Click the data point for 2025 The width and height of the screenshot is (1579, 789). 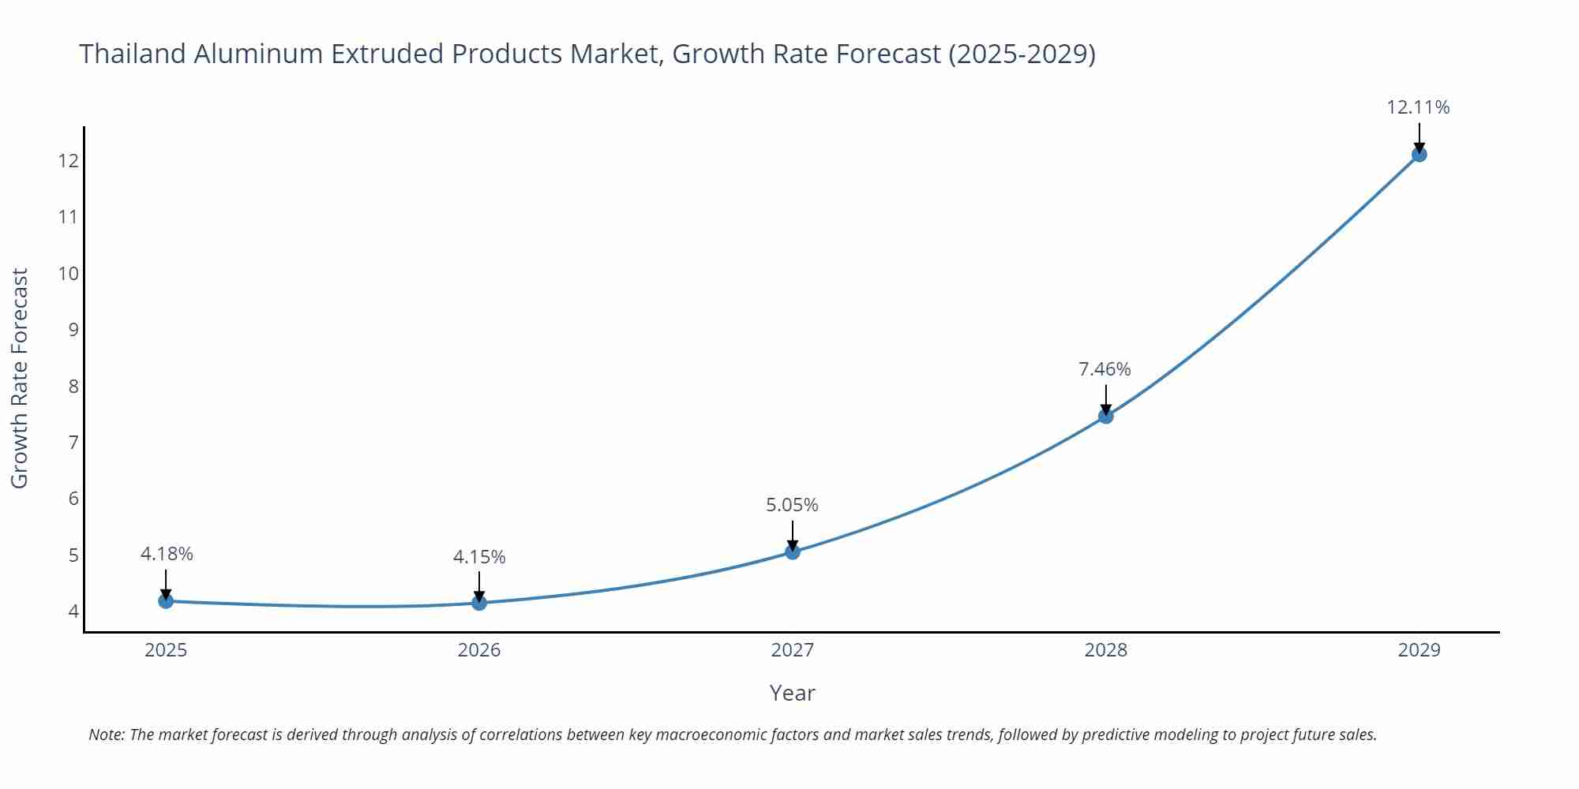click(x=166, y=601)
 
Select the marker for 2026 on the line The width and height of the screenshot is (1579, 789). click(x=479, y=603)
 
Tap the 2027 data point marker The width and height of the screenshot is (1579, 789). click(x=793, y=552)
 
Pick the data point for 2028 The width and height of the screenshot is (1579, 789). click(x=1106, y=416)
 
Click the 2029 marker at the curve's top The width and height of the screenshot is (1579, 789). click(x=1419, y=155)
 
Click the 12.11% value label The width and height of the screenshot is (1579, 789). click(x=1418, y=107)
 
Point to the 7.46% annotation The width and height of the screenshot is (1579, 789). click(x=1105, y=369)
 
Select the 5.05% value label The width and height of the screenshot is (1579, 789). click(x=792, y=505)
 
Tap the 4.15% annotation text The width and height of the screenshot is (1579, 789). click(x=479, y=557)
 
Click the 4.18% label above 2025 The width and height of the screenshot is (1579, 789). click(x=167, y=554)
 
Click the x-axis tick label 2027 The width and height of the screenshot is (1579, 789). click(x=792, y=650)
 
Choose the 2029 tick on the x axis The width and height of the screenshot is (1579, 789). click(x=1419, y=650)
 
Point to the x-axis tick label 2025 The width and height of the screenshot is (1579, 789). click(x=166, y=650)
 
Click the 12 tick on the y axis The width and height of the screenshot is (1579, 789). click(x=69, y=161)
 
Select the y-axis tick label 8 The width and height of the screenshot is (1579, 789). click(x=73, y=387)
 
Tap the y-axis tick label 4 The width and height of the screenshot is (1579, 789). click(x=73, y=611)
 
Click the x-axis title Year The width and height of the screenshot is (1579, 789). click(x=792, y=693)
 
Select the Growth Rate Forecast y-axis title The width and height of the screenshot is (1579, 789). click(x=20, y=378)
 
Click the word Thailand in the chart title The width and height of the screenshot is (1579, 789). click(x=132, y=54)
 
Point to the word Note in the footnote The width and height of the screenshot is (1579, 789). click(x=106, y=735)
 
